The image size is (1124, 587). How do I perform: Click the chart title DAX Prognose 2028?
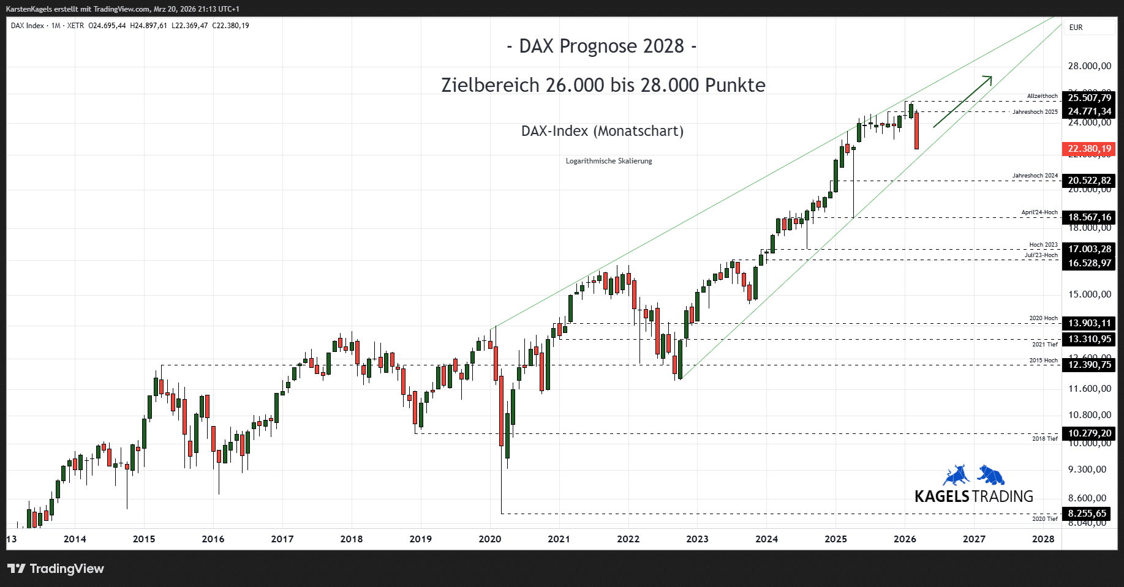point(602,47)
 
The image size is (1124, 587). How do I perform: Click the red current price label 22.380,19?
point(1089,149)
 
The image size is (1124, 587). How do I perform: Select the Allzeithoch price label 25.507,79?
point(1089,98)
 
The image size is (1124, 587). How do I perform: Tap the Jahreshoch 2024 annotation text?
point(1035,176)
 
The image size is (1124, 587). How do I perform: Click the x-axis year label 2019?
point(420,539)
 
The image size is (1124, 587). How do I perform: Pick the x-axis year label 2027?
point(974,539)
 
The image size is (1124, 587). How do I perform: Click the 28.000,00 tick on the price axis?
point(1089,66)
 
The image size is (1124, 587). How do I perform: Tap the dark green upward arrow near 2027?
point(962,101)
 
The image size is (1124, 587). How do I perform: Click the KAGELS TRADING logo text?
point(973,496)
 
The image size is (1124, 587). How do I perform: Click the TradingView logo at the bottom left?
point(56,569)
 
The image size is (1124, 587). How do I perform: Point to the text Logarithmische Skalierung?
point(608,161)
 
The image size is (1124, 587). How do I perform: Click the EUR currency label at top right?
point(1076,28)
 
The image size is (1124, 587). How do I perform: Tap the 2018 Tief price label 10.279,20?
point(1089,433)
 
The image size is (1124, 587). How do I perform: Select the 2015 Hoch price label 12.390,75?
point(1089,365)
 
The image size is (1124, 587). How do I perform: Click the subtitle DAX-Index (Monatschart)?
point(602,131)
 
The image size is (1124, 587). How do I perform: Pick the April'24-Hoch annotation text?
point(1039,212)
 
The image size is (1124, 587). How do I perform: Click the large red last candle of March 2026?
point(916,130)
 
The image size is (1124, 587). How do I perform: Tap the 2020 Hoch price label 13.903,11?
point(1089,323)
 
